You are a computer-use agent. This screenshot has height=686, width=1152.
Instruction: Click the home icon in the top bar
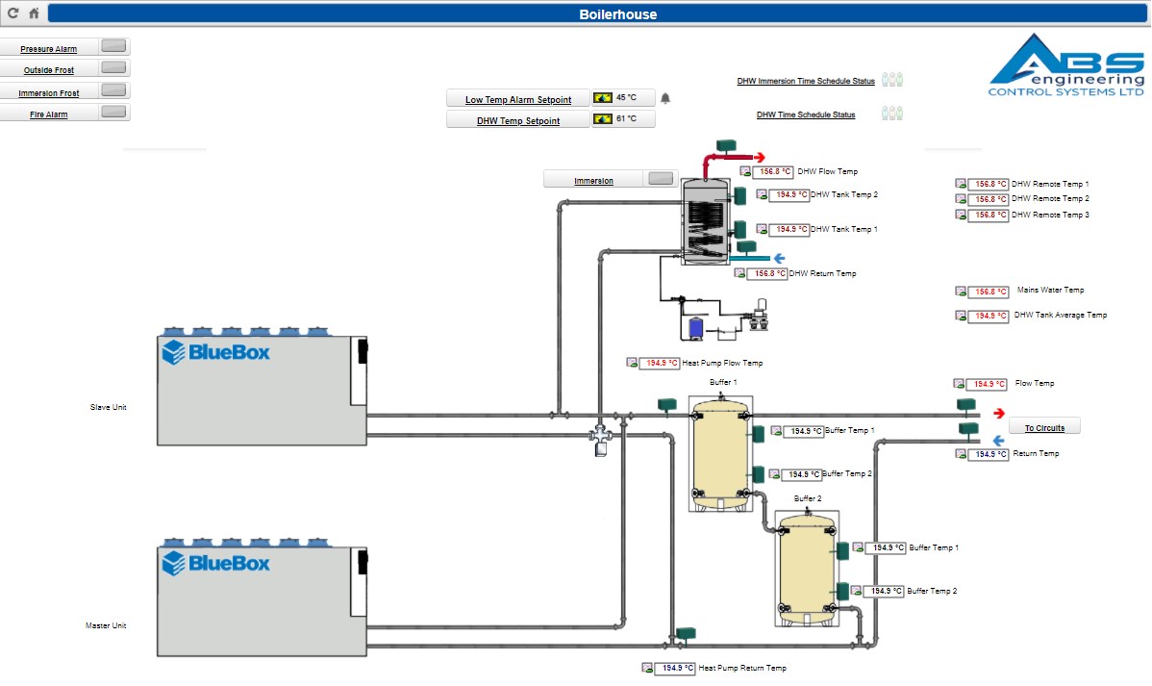coord(34,13)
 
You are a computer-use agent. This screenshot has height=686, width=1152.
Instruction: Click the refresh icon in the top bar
coord(13,13)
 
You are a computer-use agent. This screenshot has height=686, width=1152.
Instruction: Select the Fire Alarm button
coord(65,114)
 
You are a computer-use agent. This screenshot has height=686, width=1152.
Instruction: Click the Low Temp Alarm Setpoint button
coord(517,99)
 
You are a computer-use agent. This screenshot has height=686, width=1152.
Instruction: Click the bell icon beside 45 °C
coord(665,98)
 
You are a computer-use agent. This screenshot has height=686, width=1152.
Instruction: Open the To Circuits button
coord(1043,427)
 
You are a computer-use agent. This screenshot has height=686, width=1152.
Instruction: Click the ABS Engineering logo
coord(1066,65)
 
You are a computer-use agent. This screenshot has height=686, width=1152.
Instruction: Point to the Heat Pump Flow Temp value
coord(662,364)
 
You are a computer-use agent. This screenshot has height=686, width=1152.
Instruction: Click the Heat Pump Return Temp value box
coord(674,669)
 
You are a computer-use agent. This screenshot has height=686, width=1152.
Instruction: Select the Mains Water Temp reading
coord(989,292)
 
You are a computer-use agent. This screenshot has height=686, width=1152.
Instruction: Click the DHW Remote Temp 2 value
coord(989,199)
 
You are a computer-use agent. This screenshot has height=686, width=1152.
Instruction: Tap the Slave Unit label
coord(108,408)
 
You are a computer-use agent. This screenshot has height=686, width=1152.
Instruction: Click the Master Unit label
coord(106,625)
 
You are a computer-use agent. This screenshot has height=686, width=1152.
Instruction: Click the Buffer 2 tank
coord(806,568)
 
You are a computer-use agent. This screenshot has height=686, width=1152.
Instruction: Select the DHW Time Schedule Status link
coord(805,115)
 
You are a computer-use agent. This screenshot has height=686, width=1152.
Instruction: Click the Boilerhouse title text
coord(617,14)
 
